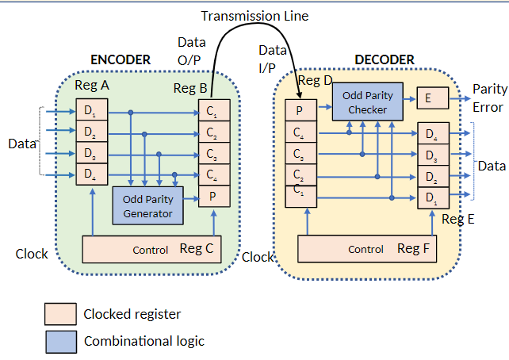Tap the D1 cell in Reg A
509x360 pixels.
(91, 110)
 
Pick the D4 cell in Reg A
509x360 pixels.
(91, 174)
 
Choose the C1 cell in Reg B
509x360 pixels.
(214, 110)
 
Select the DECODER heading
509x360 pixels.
(385, 60)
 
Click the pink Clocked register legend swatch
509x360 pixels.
(60, 315)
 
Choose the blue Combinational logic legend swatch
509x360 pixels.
(60, 341)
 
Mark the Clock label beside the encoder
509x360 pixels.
(32, 255)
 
